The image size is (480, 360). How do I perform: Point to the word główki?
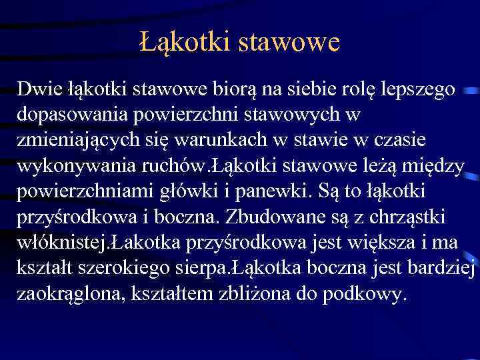pyautogui.click(x=183, y=192)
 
